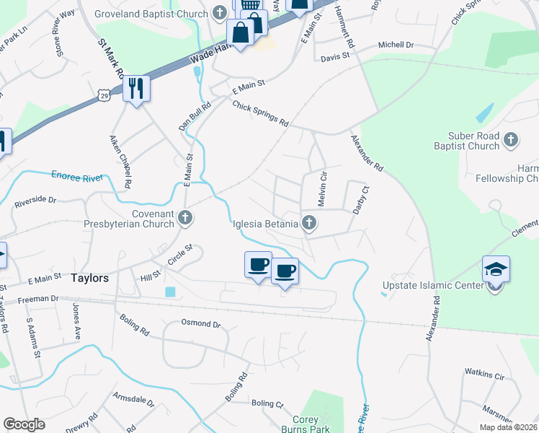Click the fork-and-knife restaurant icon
click(135, 88)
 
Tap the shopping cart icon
click(250, 5)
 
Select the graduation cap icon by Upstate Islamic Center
click(496, 269)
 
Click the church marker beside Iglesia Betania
click(309, 223)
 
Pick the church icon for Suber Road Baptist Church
click(510, 139)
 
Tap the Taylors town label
click(90, 278)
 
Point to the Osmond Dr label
click(201, 324)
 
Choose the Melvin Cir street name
click(323, 186)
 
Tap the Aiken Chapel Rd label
click(120, 161)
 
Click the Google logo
click(24, 424)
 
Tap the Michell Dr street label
click(396, 45)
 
